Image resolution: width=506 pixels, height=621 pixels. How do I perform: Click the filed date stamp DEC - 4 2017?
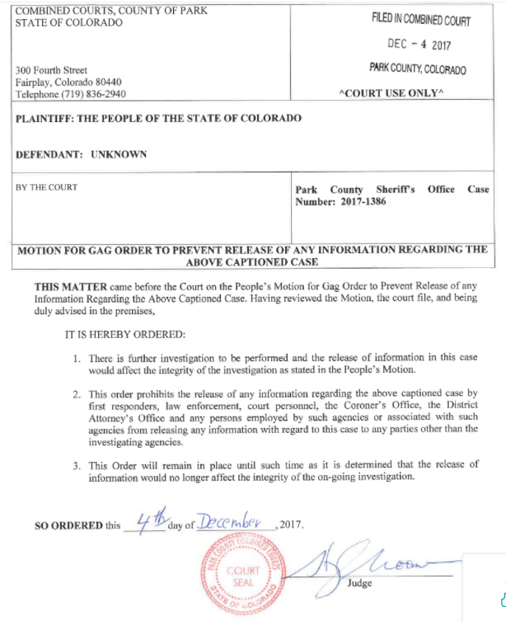coord(419,44)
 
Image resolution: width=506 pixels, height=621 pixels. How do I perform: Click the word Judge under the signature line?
coord(360,583)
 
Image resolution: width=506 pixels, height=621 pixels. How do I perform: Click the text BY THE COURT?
coord(47,187)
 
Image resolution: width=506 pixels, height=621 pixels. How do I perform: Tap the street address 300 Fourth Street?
coord(51,71)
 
